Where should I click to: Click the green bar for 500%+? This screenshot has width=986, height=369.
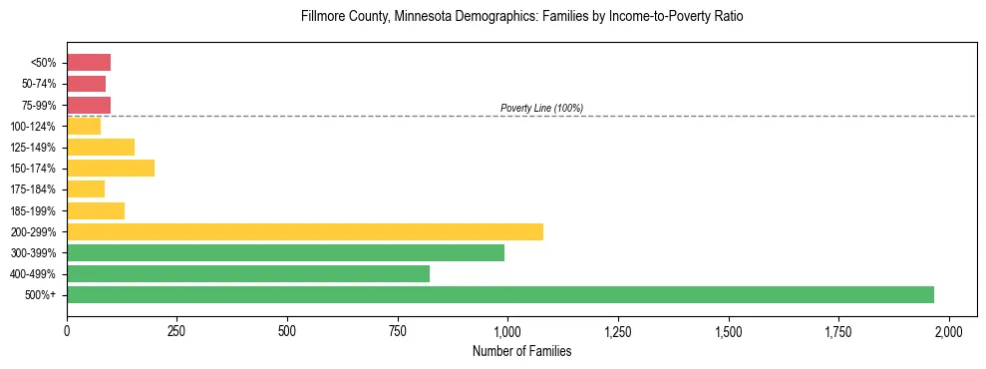coord(500,294)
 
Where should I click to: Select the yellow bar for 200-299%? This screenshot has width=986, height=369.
coord(305,231)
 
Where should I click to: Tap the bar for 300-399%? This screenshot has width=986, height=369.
coord(285,252)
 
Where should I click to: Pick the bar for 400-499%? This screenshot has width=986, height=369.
coord(248,273)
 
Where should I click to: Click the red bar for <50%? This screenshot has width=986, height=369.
coord(89,63)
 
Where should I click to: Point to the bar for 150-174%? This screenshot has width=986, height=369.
coord(111,168)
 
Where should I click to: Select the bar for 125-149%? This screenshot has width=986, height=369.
coord(101,147)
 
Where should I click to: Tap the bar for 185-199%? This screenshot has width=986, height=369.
coord(96,210)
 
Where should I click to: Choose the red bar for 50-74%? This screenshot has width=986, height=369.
coord(86,84)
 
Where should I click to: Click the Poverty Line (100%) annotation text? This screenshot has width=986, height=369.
coord(541,108)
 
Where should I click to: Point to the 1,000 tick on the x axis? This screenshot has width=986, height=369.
coord(507,331)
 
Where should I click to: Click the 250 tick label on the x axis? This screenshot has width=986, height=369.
coord(176,331)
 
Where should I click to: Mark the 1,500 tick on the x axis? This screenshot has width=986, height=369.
coord(729,331)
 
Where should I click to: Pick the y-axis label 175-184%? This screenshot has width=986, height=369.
coord(33,189)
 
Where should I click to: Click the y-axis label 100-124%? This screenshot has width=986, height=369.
coord(33,127)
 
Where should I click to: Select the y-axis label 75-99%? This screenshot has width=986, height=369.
coord(37,106)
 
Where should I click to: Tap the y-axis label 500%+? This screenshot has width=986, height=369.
coord(41,295)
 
